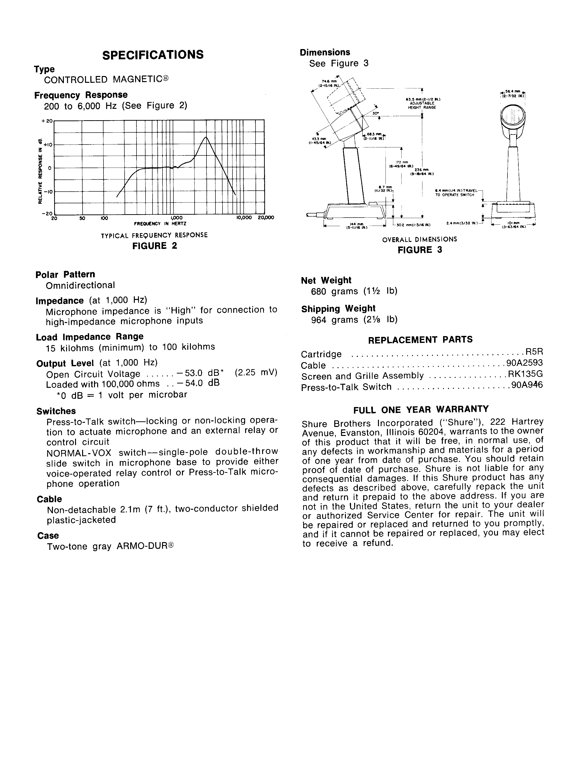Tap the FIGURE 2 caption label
155,246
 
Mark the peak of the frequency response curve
206,137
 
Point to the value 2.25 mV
256,372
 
